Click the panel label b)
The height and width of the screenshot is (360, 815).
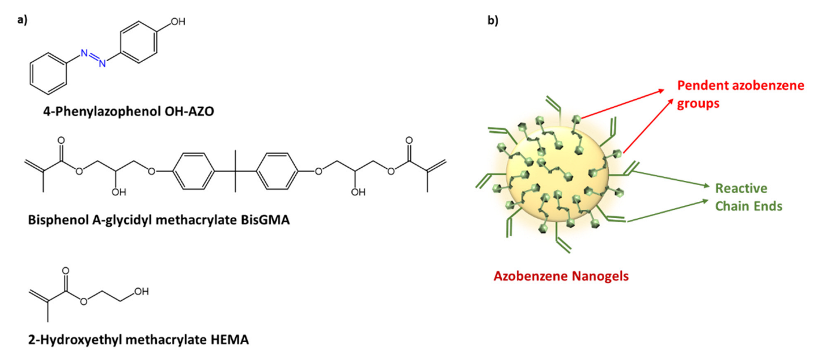tap(493, 20)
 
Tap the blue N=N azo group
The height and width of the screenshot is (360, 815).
tap(93, 58)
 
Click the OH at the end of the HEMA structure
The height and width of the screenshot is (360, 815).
tap(141, 292)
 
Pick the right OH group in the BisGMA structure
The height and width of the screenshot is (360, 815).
tap(358, 193)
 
